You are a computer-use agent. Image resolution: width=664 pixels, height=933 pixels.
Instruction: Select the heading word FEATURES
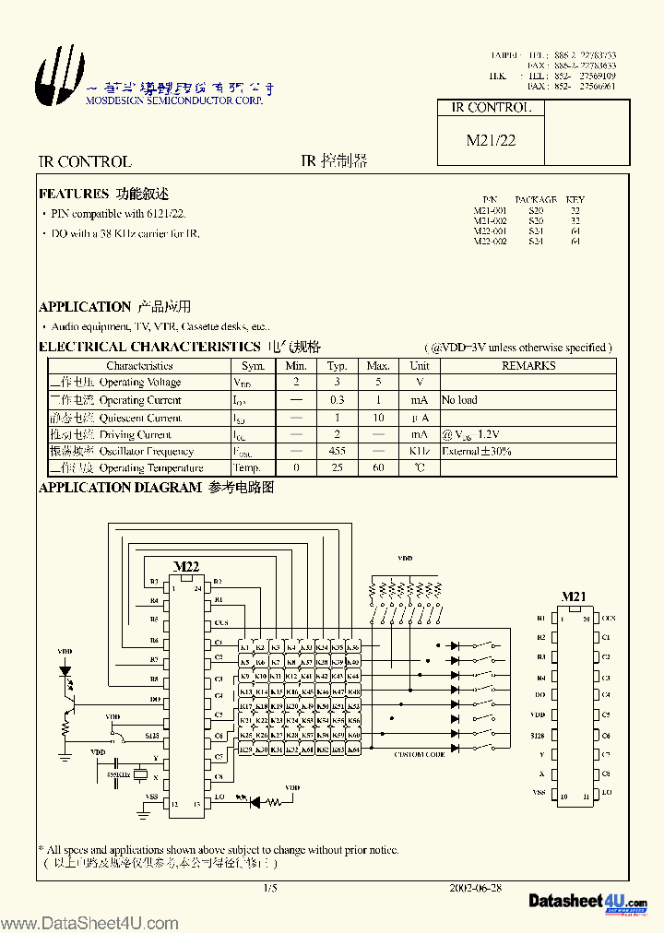tap(74, 195)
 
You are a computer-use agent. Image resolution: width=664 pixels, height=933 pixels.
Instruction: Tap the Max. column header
tap(378, 365)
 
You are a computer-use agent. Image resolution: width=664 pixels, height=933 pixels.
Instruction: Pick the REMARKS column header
tap(528, 365)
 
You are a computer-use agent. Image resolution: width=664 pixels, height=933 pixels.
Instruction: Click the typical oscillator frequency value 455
tap(338, 452)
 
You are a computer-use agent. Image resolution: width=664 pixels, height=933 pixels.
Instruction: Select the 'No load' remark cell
tap(459, 400)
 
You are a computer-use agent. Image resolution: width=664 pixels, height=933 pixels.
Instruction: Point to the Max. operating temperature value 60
tap(378, 468)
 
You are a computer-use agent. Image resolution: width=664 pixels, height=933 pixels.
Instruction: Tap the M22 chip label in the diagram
tap(186, 566)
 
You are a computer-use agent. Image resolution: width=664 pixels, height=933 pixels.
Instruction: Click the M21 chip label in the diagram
tap(574, 597)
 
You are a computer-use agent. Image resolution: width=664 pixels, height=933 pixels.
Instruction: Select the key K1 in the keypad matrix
tap(245, 648)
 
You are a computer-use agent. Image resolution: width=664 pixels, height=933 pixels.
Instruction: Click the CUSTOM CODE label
tap(420, 755)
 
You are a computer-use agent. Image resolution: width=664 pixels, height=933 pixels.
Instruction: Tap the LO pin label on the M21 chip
tap(606, 793)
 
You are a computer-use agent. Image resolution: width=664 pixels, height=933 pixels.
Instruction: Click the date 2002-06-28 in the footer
tap(475, 888)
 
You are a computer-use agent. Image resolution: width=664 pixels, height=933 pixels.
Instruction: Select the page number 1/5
tap(269, 888)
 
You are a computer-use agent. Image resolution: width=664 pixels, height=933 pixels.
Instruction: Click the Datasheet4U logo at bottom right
tap(587, 901)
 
